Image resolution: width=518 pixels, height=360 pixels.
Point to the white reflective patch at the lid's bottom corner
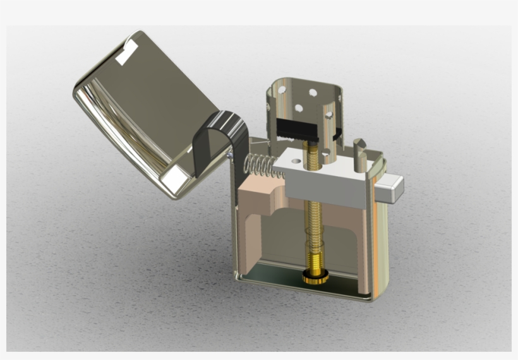coord(172,181)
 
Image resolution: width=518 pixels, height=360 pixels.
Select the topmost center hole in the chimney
coord(313,92)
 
